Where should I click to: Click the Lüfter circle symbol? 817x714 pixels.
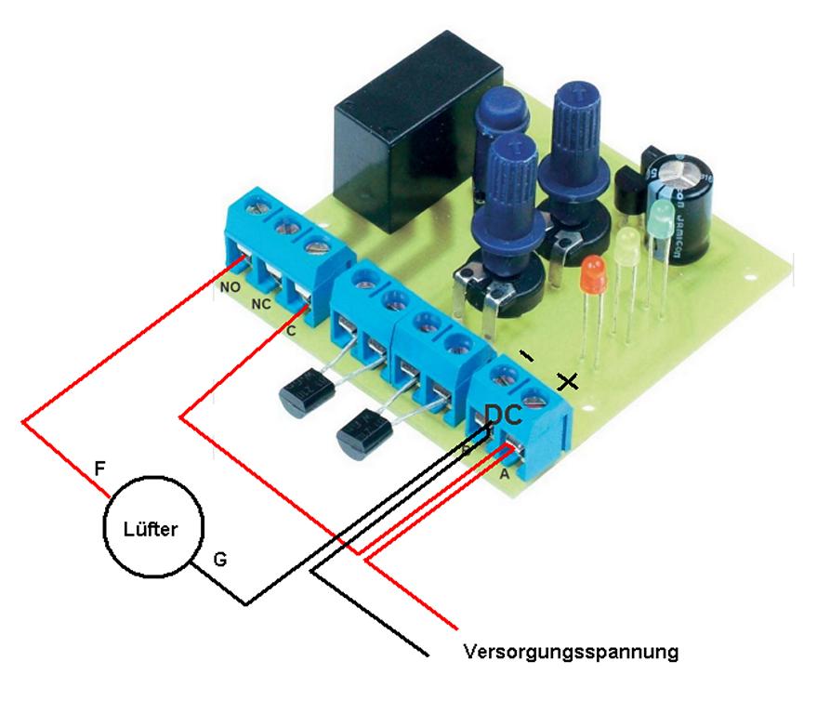pos(151,527)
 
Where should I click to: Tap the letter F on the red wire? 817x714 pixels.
pos(99,468)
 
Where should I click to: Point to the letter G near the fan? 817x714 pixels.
pos(220,560)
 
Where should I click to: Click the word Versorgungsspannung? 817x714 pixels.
pos(570,651)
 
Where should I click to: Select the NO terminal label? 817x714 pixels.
pos(231,288)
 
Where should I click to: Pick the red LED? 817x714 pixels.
pos(592,276)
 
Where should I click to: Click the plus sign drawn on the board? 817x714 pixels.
pos(566,381)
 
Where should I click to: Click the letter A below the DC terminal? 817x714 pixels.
pos(504,473)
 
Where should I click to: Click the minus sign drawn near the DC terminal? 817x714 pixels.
pos(528,355)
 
